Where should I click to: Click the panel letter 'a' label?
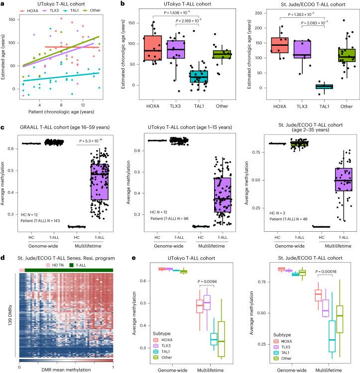coord(3,3)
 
